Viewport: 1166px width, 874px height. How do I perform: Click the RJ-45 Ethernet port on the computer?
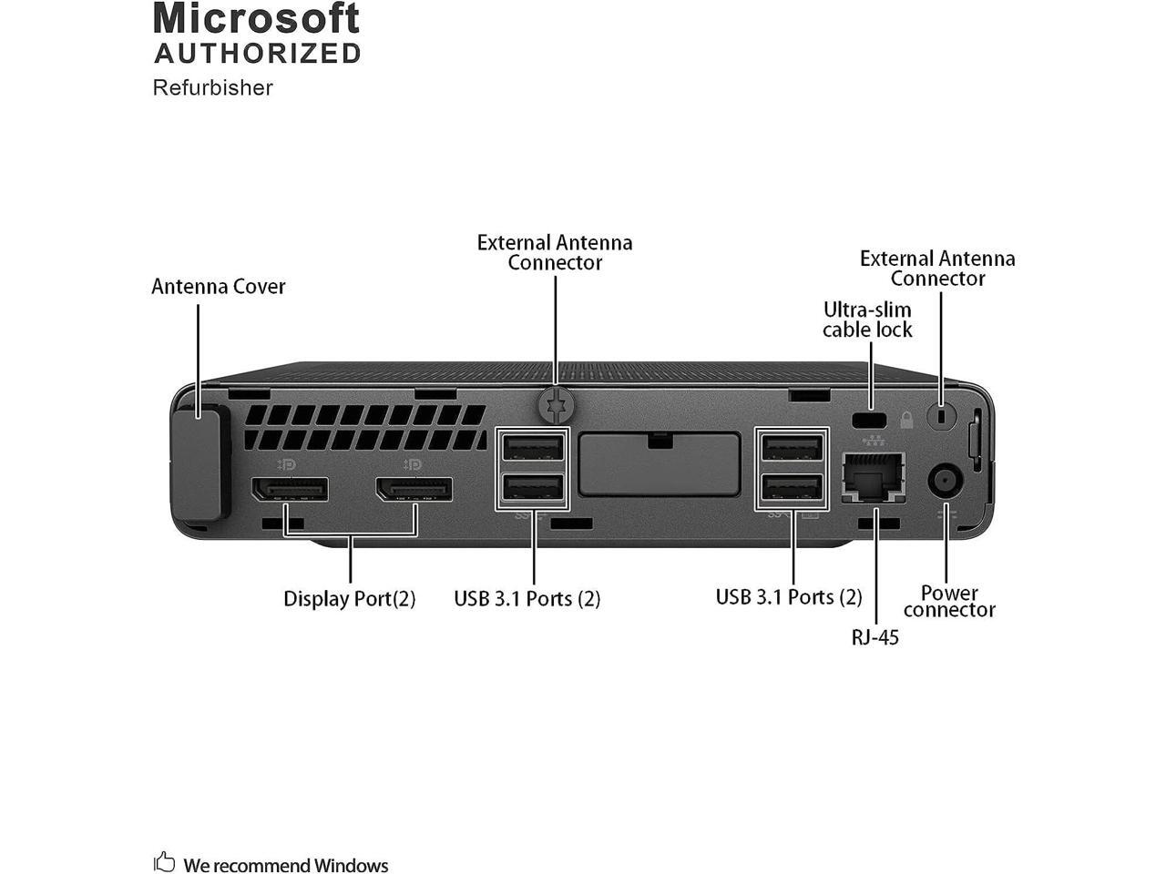click(874, 476)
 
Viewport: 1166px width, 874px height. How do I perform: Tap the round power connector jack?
click(945, 482)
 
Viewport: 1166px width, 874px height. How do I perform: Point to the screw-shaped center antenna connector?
click(557, 404)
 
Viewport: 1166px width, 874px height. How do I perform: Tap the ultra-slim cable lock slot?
click(871, 421)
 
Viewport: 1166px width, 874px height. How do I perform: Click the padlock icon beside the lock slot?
click(906, 420)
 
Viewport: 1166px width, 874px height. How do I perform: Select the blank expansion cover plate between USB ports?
click(659, 463)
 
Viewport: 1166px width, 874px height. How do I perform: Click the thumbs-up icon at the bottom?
click(165, 861)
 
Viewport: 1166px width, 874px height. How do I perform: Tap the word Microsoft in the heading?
click(257, 19)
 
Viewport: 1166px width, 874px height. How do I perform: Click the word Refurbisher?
click(213, 87)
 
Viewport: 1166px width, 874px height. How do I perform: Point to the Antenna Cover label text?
click(219, 287)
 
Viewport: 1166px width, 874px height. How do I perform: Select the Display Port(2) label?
click(349, 599)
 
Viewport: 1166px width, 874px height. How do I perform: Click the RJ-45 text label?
click(874, 637)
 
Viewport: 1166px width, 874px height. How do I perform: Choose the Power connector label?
click(949, 602)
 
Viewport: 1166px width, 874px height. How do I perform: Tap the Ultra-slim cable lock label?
click(867, 320)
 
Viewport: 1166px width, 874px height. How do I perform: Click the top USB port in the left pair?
click(533, 448)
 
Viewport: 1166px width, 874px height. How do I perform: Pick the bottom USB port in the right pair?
click(793, 488)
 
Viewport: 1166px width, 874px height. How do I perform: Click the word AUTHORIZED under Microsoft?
click(258, 54)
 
